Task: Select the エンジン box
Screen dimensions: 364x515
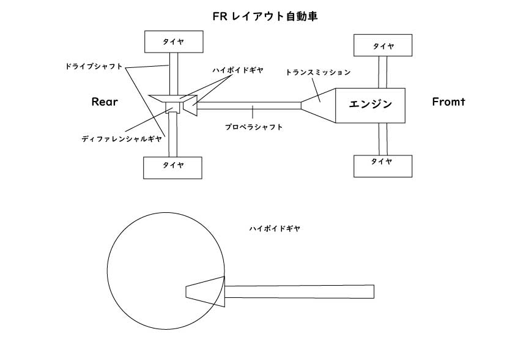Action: pos(370,105)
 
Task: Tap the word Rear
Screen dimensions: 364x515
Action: pos(104,102)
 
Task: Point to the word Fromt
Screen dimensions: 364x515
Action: pos(448,102)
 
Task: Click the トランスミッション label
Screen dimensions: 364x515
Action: pos(318,72)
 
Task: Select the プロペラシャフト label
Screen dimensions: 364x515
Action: pos(253,127)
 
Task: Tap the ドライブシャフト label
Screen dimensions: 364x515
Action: pos(94,65)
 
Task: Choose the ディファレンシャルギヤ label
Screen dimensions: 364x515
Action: pos(122,139)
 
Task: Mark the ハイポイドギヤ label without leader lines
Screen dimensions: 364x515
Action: pos(275,228)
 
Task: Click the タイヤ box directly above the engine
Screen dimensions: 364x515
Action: pos(383,45)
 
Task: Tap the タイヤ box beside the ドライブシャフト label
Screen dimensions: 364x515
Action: pos(173,41)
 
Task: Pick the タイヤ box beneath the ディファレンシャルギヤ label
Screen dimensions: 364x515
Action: pos(172,166)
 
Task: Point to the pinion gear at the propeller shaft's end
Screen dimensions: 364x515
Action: pos(190,108)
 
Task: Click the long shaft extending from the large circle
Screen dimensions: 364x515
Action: pos(299,292)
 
